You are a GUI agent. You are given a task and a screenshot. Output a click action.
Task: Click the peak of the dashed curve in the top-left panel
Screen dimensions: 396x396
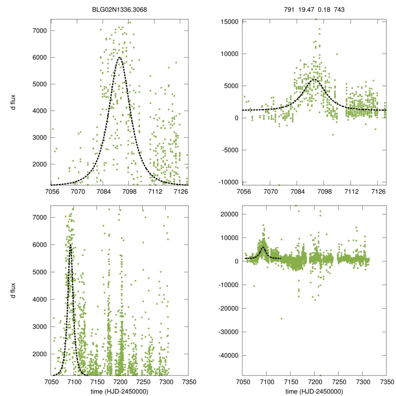coord(119,58)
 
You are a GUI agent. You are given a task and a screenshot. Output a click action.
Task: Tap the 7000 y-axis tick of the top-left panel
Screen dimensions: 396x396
coord(40,31)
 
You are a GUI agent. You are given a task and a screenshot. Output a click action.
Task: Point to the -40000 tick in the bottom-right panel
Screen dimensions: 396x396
coord(229,355)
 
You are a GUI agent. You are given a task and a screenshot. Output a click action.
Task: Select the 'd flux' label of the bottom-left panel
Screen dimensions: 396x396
coord(13,290)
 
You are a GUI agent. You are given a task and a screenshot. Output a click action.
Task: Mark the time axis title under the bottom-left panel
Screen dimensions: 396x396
coord(119,391)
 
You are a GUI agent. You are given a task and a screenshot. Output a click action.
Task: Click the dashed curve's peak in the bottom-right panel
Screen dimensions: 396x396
coord(263,247)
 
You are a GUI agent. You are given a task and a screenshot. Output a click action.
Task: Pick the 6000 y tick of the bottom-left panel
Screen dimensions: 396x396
coord(40,245)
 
